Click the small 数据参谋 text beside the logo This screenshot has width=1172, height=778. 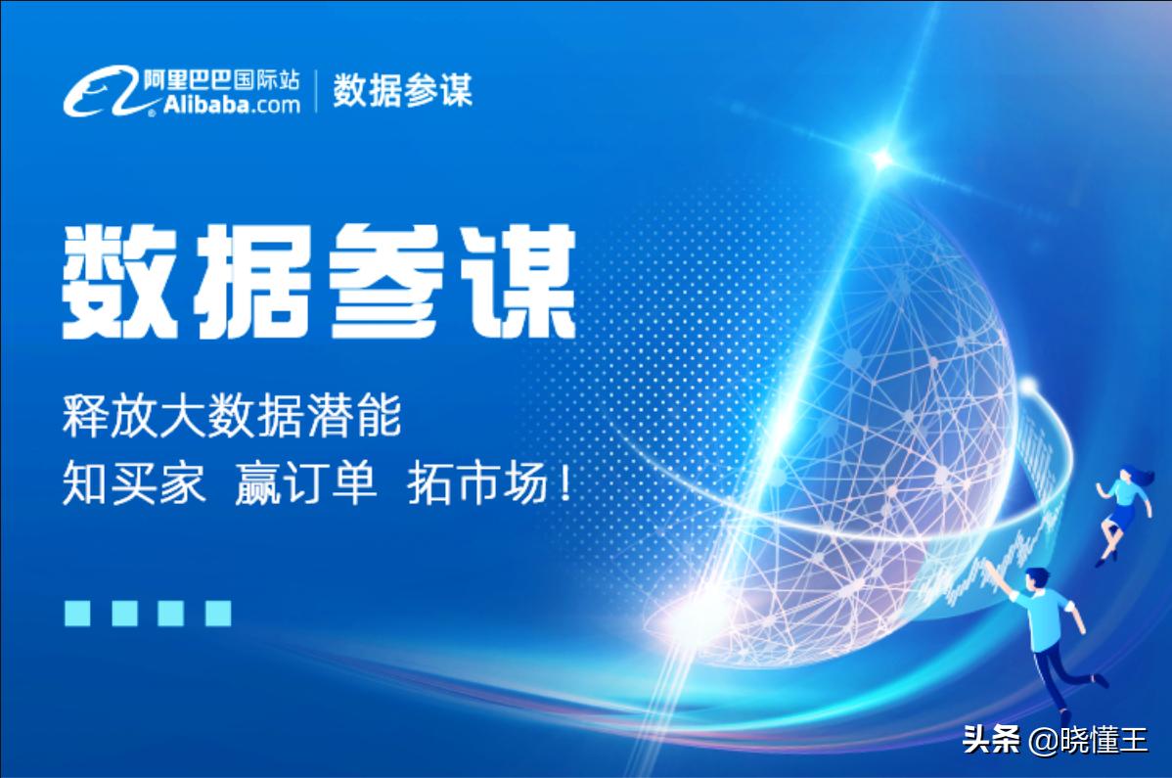[402, 91]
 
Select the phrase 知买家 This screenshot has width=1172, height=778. [134, 485]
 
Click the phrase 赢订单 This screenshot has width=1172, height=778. [305, 485]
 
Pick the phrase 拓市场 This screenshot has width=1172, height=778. [476, 485]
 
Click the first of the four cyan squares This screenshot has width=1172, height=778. [77, 613]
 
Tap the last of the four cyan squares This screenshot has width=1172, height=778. [218, 613]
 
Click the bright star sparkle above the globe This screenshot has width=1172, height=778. [881, 158]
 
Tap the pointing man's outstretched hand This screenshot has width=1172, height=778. [990, 568]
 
